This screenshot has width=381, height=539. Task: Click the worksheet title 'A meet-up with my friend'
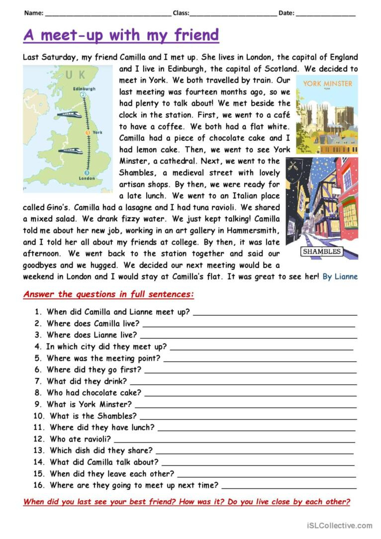pos(121,35)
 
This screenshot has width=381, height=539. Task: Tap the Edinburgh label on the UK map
pos(84,89)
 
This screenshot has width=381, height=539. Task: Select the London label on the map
pos(86,178)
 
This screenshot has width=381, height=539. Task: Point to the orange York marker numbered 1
pos(87,133)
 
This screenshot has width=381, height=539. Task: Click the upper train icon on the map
pos(69,114)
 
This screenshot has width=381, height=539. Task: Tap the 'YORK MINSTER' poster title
pos(327,84)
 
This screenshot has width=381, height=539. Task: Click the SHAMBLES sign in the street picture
pos(322,252)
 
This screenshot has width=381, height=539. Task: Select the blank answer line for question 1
pos(275,314)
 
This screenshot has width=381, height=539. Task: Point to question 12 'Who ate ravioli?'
pos(80,439)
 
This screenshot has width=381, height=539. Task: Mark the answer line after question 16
pos(289,487)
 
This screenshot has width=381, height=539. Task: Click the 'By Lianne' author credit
pos(340,276)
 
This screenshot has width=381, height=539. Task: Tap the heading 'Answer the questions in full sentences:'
pos(108,294)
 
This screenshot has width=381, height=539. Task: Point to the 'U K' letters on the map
pos(75,75)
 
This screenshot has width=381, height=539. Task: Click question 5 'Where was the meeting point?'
pos(103,358)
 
